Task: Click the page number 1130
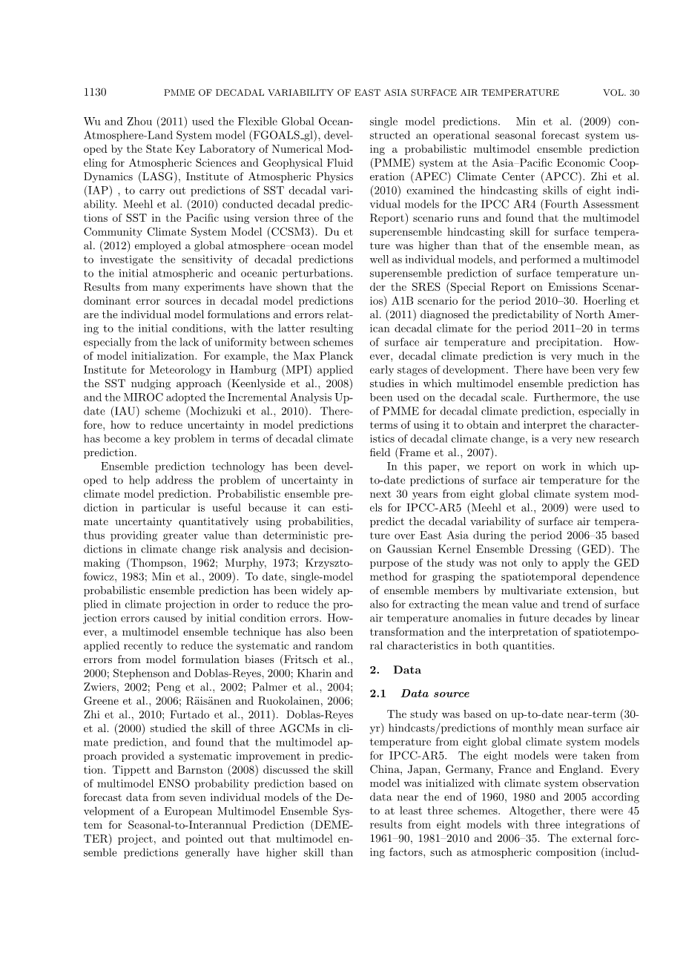[96, 93]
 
